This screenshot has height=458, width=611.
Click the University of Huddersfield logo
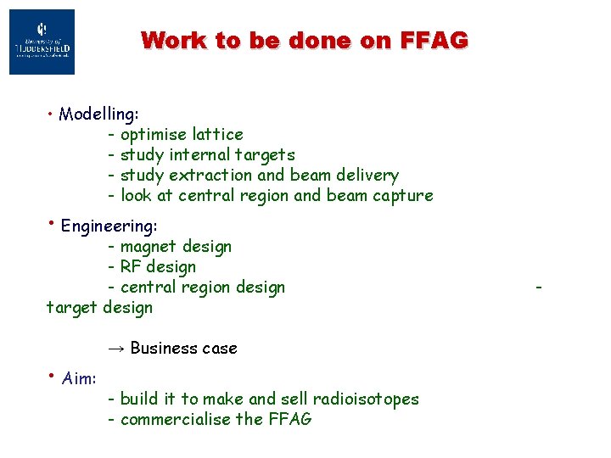point(42,42)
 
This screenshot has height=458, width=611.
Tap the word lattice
point(218,134)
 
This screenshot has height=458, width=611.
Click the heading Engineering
point(109,226)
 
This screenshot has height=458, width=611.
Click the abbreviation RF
point(132,266)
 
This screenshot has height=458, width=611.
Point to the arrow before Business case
point(116,348)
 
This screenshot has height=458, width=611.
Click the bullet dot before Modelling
point(52,112)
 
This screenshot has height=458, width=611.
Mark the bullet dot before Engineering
point(52,223)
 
